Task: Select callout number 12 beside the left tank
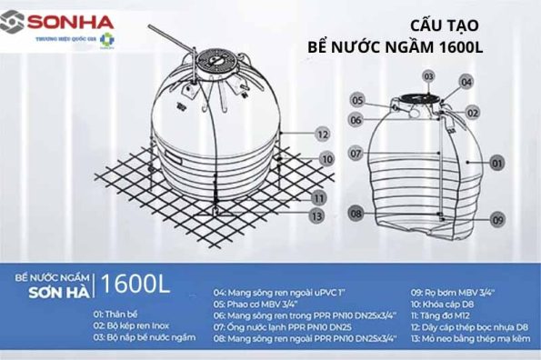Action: [x=321, y=134]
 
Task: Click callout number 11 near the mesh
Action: [x=317, y=196]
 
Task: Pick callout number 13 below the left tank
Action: [x=315, y=215]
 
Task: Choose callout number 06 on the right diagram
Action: [x=357, y=120]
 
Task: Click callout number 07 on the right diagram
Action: [x=356, y=154]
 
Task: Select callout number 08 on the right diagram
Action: [x=356, y=213]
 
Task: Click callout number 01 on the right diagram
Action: [x=496, y=164]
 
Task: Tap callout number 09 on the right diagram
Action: [x=496, y=220]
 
